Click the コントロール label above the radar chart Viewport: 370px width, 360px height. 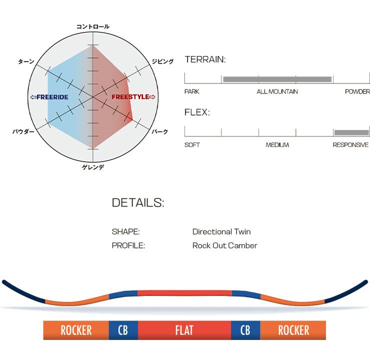coord(92,26)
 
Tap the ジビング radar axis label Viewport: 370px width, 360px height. coord(162,61)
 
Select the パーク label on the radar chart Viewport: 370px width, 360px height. coord(160,131)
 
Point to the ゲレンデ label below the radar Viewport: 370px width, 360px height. coord(93,167)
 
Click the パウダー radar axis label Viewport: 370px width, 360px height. coord(23,131)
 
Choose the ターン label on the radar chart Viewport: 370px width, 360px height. coord(26,61)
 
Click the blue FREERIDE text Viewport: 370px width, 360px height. coord(52,97)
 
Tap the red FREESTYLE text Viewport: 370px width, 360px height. coord(130,96)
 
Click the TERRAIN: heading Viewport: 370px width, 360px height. coord(205,59)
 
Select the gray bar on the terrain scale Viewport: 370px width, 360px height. coord(277,79)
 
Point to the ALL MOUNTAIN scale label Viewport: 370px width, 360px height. coord(277,91)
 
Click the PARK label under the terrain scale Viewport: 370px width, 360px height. coord(192,91)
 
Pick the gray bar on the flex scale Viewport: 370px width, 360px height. coord(351,132)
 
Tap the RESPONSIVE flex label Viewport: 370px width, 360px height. coord(350,144)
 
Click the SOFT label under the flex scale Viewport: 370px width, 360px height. coord(192,144)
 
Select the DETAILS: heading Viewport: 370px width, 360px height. coord(138,202)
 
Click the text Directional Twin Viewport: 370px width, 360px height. coord(221,231)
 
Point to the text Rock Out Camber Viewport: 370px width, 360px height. coord(225,245)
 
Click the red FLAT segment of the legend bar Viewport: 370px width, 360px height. coord(184,330)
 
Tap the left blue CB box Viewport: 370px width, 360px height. coord(123,330)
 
